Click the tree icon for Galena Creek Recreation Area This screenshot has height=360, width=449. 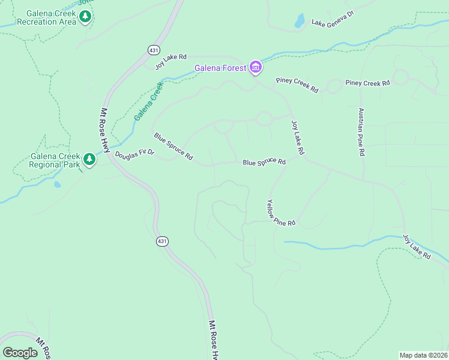click(x=86, y=17)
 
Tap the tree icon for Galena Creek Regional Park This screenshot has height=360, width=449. click(x=89, y=160)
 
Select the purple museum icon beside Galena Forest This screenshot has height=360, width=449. click(x=256, y=67)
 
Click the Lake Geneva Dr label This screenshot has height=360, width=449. click(x=333, y=19)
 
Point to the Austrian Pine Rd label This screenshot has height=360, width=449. click(x=361, y=132)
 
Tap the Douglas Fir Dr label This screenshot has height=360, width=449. click(x=134, y=154)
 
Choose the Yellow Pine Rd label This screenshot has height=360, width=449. click(x=281, y=213)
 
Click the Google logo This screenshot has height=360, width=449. click(x=20, y=353)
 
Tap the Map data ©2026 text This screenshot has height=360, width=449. click(x=423, y=355)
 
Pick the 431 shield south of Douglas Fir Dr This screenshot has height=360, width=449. click(x=161, y=241)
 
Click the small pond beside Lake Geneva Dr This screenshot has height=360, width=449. click(x=299, y=21)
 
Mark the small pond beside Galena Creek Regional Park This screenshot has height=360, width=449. click(x=57, y=185)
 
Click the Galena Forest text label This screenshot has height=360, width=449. click(x=220, y=68)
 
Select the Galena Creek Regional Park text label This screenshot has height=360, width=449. click(x=55, y=161)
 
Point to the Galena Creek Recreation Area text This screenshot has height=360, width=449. click(x=47, y=17)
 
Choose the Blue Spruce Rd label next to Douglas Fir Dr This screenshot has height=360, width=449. click(x=173, y=146)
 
